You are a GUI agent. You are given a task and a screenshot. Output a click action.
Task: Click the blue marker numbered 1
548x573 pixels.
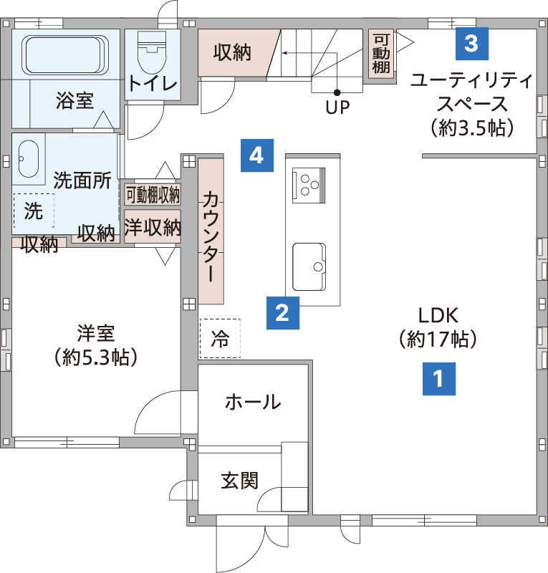tap(439, 379)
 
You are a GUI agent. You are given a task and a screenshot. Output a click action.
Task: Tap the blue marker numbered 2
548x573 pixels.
tap(283, 313)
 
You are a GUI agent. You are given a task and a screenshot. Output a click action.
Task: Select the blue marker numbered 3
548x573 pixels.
tap(472, 44)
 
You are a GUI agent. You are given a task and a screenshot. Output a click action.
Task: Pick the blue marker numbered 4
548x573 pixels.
tap(257, 155)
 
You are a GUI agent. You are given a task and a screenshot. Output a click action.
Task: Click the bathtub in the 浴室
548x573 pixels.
tap(65, 55)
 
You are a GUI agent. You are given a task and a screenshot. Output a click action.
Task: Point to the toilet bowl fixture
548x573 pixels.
tap(152, 52)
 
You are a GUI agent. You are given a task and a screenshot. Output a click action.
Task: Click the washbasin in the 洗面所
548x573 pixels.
tap(29, 158)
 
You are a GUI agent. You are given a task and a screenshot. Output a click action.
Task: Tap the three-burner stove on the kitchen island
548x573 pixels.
tap(309, 185)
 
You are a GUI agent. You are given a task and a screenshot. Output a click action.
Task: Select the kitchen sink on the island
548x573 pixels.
tap(309, 266)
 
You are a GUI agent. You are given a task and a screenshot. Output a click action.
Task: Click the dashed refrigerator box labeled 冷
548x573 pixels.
tap(220, 338)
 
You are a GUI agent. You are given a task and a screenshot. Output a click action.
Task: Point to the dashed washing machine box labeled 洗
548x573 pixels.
tap(34, 211)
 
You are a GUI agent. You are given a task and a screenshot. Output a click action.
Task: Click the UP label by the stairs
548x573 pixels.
tap(337, 107)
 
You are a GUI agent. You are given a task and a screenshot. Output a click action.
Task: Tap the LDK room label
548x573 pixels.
tap(438, 315)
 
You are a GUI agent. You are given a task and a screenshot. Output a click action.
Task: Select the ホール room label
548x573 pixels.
tap(253, 402)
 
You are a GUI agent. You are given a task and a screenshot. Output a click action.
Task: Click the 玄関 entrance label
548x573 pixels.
tap(240, 481)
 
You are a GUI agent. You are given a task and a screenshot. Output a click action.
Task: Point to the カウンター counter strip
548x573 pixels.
tap(211, 231)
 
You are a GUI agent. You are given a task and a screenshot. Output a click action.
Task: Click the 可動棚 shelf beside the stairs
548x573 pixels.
tap(381, 54)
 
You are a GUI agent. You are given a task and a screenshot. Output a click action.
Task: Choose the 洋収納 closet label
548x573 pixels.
tap(153, 227)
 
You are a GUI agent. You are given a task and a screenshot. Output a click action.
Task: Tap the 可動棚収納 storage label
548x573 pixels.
tap(153, 194)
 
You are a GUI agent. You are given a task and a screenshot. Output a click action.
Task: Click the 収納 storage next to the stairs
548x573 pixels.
tap(233, 52)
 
